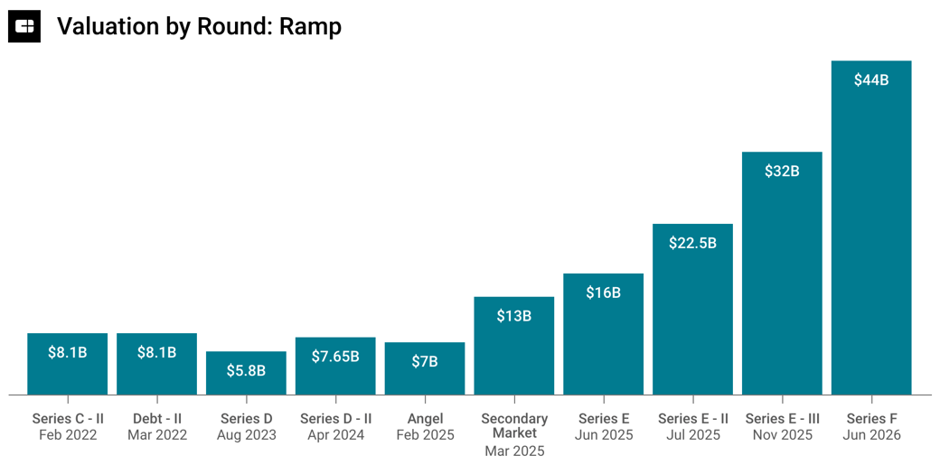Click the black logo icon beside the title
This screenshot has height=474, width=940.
(24, 26)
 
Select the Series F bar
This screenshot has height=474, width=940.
(871, 228)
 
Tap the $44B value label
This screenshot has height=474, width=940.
(871, 80)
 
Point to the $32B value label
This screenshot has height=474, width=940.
(782, 172)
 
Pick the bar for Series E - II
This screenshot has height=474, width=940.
(692, 310)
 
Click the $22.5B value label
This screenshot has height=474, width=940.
(692, 243)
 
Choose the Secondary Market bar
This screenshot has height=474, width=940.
(513, 346)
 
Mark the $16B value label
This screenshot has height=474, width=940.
(603, 293)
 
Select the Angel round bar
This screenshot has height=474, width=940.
(425, 368)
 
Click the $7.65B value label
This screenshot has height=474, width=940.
(335, 357)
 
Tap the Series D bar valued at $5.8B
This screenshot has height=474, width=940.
(246, 373)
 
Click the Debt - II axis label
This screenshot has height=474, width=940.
(157, 419)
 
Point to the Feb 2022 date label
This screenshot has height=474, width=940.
(68, 435)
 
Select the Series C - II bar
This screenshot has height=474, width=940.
(68, 364)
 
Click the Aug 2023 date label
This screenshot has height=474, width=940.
(247, 435)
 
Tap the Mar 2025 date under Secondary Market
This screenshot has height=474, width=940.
(514, 451)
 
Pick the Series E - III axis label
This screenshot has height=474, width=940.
(783, 419)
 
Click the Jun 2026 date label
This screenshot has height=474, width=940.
(871, 435)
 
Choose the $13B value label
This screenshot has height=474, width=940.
(513, 316)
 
